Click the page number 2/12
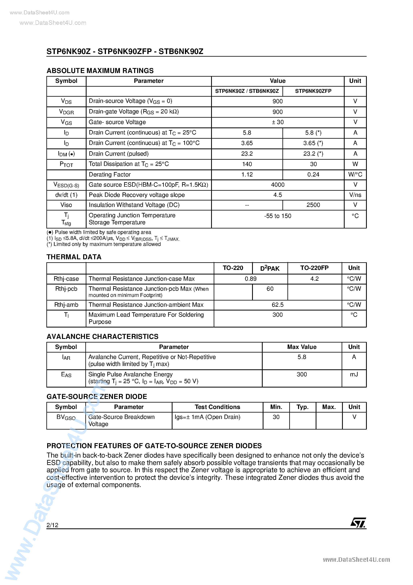click(x=52, y=525)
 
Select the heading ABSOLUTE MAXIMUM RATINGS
click(x=100, y=71)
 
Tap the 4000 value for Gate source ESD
click(x=277, y=185)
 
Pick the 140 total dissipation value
click(x=247, y=164)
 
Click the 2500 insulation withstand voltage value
click(x=313, y=205)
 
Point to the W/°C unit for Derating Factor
click(x=355, y=174)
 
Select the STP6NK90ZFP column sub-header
click(x=313, y=91)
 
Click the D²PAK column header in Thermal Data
click(x=270, y=268)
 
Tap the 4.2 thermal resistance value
click(x=314, y=279)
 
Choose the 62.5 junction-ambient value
click(x=277, y=305)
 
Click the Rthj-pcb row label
click(x=66, y=289)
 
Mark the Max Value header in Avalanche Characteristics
click(x=302, y=347)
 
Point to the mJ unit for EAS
click(x=354, y=374)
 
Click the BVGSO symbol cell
click(x=66, y=417)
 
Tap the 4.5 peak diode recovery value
click(x=277, y=195)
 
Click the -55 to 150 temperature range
click(x=277, y=216)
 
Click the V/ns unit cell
click(x=355, y=195)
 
